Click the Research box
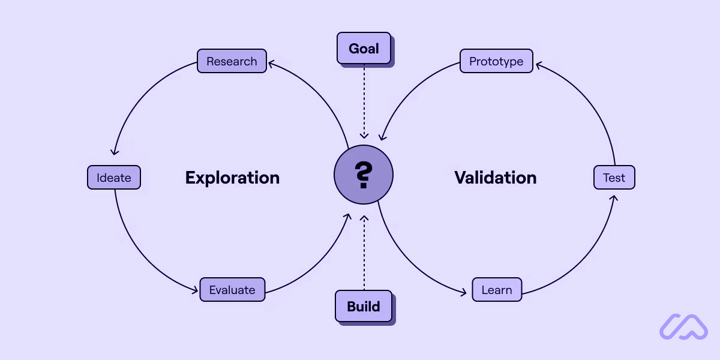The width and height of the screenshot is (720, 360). point(232,61)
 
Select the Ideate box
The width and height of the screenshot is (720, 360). point(114,178)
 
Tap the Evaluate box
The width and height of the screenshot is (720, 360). point(232,290)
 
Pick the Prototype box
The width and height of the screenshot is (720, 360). point(496,61)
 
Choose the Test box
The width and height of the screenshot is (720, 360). point(614,178)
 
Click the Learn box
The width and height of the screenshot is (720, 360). point(497,290)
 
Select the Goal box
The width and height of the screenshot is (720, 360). point(364,49)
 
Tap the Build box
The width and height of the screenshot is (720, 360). point(364,306)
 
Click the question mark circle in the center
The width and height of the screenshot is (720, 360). point(364,175)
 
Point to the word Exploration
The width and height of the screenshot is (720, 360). point(232,178)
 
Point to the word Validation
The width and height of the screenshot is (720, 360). point(495,178)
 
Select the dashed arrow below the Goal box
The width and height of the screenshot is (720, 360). point(364,102)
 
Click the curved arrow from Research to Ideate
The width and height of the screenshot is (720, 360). point(139,95)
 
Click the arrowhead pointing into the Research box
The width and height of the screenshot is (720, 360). point(271,62)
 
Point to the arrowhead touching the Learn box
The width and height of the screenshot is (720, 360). point(463,293)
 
